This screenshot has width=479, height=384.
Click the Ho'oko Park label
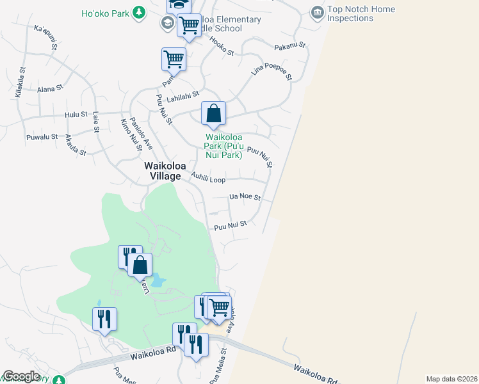104,13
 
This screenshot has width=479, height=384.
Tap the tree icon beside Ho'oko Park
138,12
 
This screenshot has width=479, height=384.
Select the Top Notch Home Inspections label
361,14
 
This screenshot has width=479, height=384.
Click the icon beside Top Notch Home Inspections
316,12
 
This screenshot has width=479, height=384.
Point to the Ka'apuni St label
46,38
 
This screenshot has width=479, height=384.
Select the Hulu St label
76,115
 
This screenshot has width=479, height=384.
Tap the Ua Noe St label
245,198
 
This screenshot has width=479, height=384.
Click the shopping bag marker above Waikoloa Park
213,113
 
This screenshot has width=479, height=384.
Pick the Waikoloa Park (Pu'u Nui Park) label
223,146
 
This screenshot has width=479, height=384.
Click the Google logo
21,376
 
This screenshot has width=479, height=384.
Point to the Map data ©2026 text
451,379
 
